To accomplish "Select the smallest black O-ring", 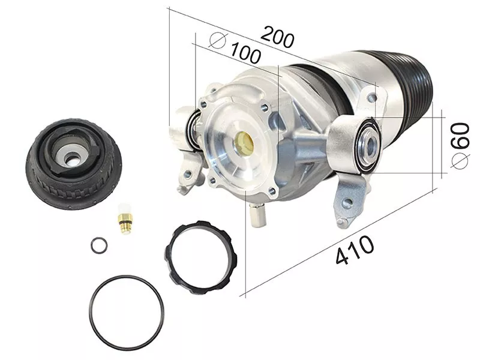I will pyautogui.click(x=100, y=245).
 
